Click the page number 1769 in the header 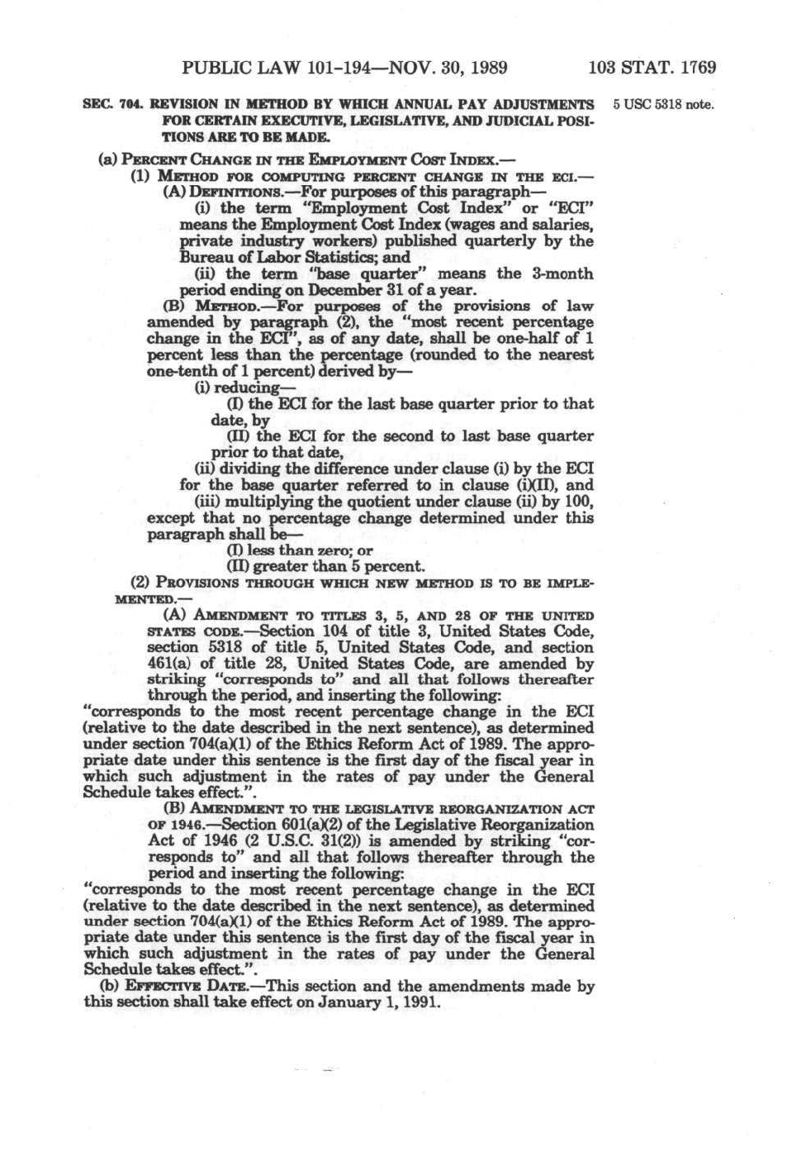691,68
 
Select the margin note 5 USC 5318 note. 661,106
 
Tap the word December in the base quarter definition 345,290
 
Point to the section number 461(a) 170,664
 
